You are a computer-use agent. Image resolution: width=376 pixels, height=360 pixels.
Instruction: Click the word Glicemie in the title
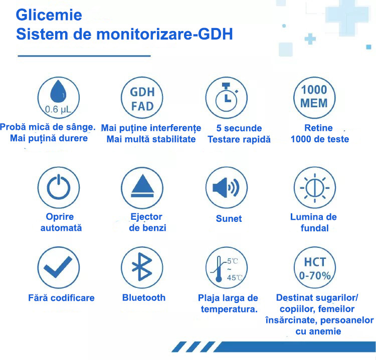pos(49,15)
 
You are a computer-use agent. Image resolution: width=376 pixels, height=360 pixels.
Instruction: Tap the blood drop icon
pos(58,92)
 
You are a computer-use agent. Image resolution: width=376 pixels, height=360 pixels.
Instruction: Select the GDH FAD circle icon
pos(142,98)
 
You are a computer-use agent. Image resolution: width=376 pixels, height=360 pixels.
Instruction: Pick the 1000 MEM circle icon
pos(314,98)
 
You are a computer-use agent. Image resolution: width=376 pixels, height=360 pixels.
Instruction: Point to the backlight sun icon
pos(315,188)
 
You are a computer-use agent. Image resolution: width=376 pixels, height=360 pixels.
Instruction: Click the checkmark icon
pos(58,267)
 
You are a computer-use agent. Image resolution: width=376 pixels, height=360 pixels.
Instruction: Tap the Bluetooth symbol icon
pos(142,267)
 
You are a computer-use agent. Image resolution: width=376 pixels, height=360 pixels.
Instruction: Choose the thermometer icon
pos(218,269)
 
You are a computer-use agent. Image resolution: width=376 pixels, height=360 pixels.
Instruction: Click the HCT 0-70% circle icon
pos(315,267)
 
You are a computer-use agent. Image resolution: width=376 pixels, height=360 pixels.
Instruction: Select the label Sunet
pos(229,218)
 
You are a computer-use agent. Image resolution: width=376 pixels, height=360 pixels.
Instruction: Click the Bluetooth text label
pos(144,297)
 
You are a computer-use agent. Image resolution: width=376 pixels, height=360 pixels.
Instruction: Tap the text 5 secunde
pos(239,128)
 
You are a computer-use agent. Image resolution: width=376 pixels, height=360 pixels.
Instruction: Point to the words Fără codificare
pos(61,298)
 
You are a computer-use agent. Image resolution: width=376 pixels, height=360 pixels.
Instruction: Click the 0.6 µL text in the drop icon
pos(58,110)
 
